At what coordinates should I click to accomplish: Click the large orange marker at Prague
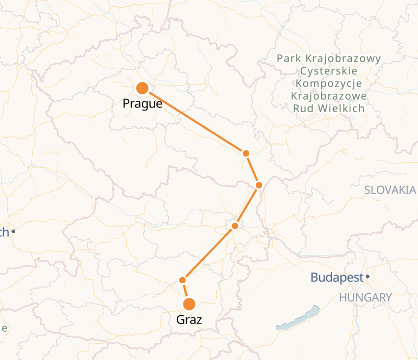point(142,88)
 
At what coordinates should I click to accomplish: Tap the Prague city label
point(142,104)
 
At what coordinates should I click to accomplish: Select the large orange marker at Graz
point(189,304)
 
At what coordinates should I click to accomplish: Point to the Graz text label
point(189,320)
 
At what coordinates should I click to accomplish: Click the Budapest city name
point(336,278)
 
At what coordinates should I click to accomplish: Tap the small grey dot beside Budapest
point(367,276)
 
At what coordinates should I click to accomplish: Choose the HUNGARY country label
point(365,298)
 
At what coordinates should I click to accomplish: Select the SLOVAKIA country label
point(390,190)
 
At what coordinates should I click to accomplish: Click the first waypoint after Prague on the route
point(246,153)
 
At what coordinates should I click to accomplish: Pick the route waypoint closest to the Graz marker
point(182,280)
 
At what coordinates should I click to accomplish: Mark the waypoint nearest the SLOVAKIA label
point(259,185)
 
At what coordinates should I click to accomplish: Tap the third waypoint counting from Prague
point(235,226)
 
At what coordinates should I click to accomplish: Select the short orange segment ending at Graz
point(186,292)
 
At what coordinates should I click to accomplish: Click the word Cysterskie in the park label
point(329,71)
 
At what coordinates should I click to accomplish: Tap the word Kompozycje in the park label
point(329,83)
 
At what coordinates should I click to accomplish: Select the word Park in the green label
point(288,58)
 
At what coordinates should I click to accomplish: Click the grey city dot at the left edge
point(14,231)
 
